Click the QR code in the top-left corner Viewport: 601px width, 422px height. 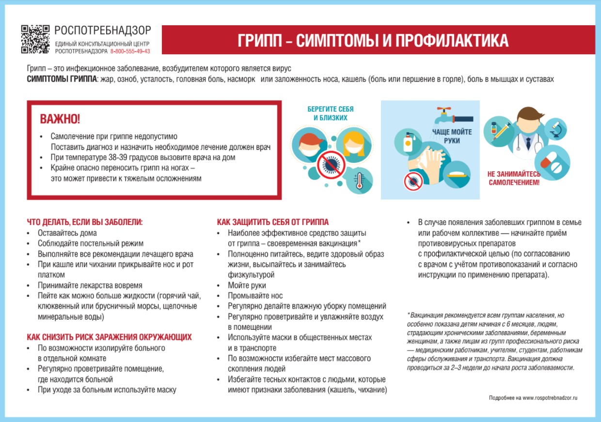(x=35, y=39)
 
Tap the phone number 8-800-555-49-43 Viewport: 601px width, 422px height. (x=130, y=51)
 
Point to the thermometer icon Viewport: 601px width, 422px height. (x=360, y=180)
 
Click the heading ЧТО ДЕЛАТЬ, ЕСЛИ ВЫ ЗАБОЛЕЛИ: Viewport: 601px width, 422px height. (x=85, y=222)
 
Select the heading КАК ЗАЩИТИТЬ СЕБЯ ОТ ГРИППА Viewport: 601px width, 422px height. (x=273, y=222)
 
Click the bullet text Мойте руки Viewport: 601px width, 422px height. (x=247, y=285)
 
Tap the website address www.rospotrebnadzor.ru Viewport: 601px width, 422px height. (x=550, y=398)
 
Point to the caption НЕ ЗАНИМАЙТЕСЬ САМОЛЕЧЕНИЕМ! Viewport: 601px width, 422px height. (x=513, y=179)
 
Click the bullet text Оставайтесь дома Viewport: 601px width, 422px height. (x=63, y=233)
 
